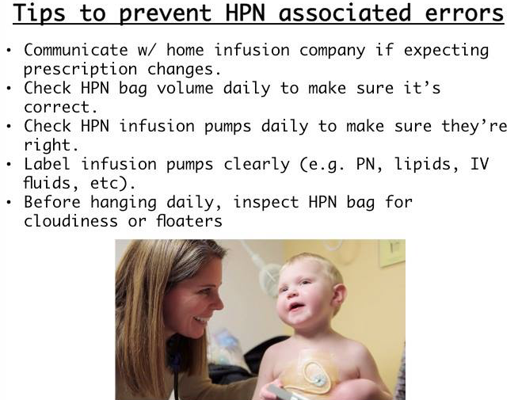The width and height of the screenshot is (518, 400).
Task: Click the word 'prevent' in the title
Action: pos(166,13)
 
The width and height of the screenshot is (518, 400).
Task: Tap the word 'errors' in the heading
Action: pos(464,13)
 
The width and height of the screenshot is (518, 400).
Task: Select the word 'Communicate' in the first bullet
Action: pos(76,50)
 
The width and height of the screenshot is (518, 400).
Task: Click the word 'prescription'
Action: pos(80,70)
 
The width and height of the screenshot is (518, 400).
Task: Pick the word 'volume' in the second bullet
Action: pos(185,88)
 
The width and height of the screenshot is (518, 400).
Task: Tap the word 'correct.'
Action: pos(61,108)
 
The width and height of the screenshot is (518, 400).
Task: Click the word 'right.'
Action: pos(51,145)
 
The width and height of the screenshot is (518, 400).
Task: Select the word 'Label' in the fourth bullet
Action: pos(47,164)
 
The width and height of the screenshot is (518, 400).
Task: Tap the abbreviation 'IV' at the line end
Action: pos(480,164)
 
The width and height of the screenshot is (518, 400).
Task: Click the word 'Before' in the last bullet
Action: pos(52,202)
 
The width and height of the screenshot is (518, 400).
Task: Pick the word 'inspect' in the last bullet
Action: pos(266,203)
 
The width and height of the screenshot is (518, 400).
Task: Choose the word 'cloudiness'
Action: pos(70,221)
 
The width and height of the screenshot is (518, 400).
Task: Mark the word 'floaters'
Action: pos(189,221)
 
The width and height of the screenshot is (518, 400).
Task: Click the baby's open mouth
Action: pos(295,307)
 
